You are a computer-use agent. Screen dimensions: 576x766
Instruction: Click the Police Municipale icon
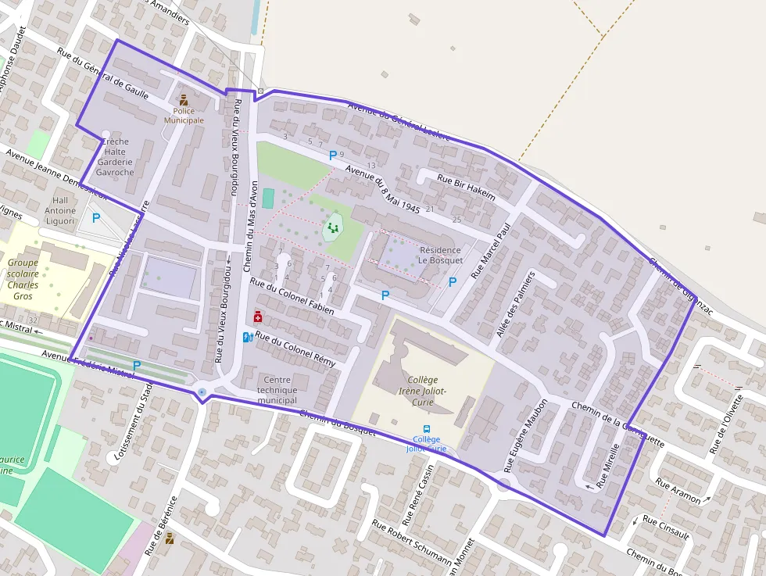pyautogui.click(x=184, y=100)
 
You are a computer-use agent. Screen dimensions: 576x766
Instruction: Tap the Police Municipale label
pyautogui.click(x=184, y=116)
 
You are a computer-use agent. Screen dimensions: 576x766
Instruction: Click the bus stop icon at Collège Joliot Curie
pyautogui.click(x=427, y=429)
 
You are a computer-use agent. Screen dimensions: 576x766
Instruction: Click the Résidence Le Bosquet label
pyautogui.click(x=441, y=255)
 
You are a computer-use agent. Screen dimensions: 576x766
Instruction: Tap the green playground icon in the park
pyautogui.click(x=334, y=227)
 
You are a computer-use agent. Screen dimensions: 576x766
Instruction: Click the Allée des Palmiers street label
pyautogui.click(x=516, y=304)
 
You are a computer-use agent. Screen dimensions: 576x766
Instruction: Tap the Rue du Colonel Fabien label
pyautogui.click(x=292, y=296)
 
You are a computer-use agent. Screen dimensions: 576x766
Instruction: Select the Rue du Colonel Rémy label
pyautogui.click(x=295, y=350)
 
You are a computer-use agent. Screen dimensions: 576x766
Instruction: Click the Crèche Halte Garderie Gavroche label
pyautogui.click(x=115, y=157)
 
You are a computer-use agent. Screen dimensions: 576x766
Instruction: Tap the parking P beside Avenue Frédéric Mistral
pyautogui.click(x=137, y=365)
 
